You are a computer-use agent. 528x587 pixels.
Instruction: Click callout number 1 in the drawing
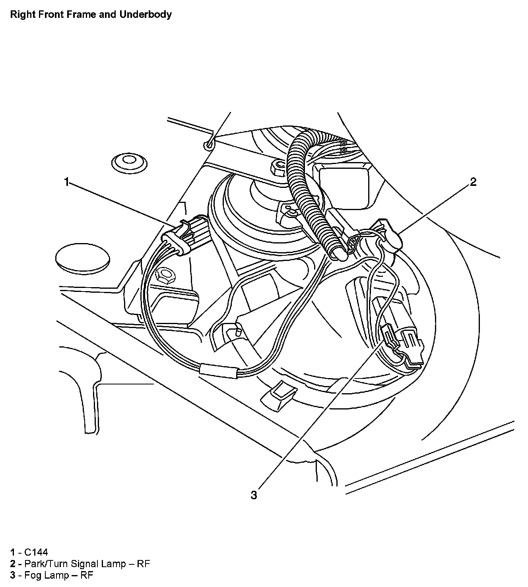pos(66,182)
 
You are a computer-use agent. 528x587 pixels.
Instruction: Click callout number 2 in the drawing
pos(473,182)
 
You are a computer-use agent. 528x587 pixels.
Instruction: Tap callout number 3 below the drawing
pos(254,495)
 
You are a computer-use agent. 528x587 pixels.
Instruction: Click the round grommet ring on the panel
pos(128,161)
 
